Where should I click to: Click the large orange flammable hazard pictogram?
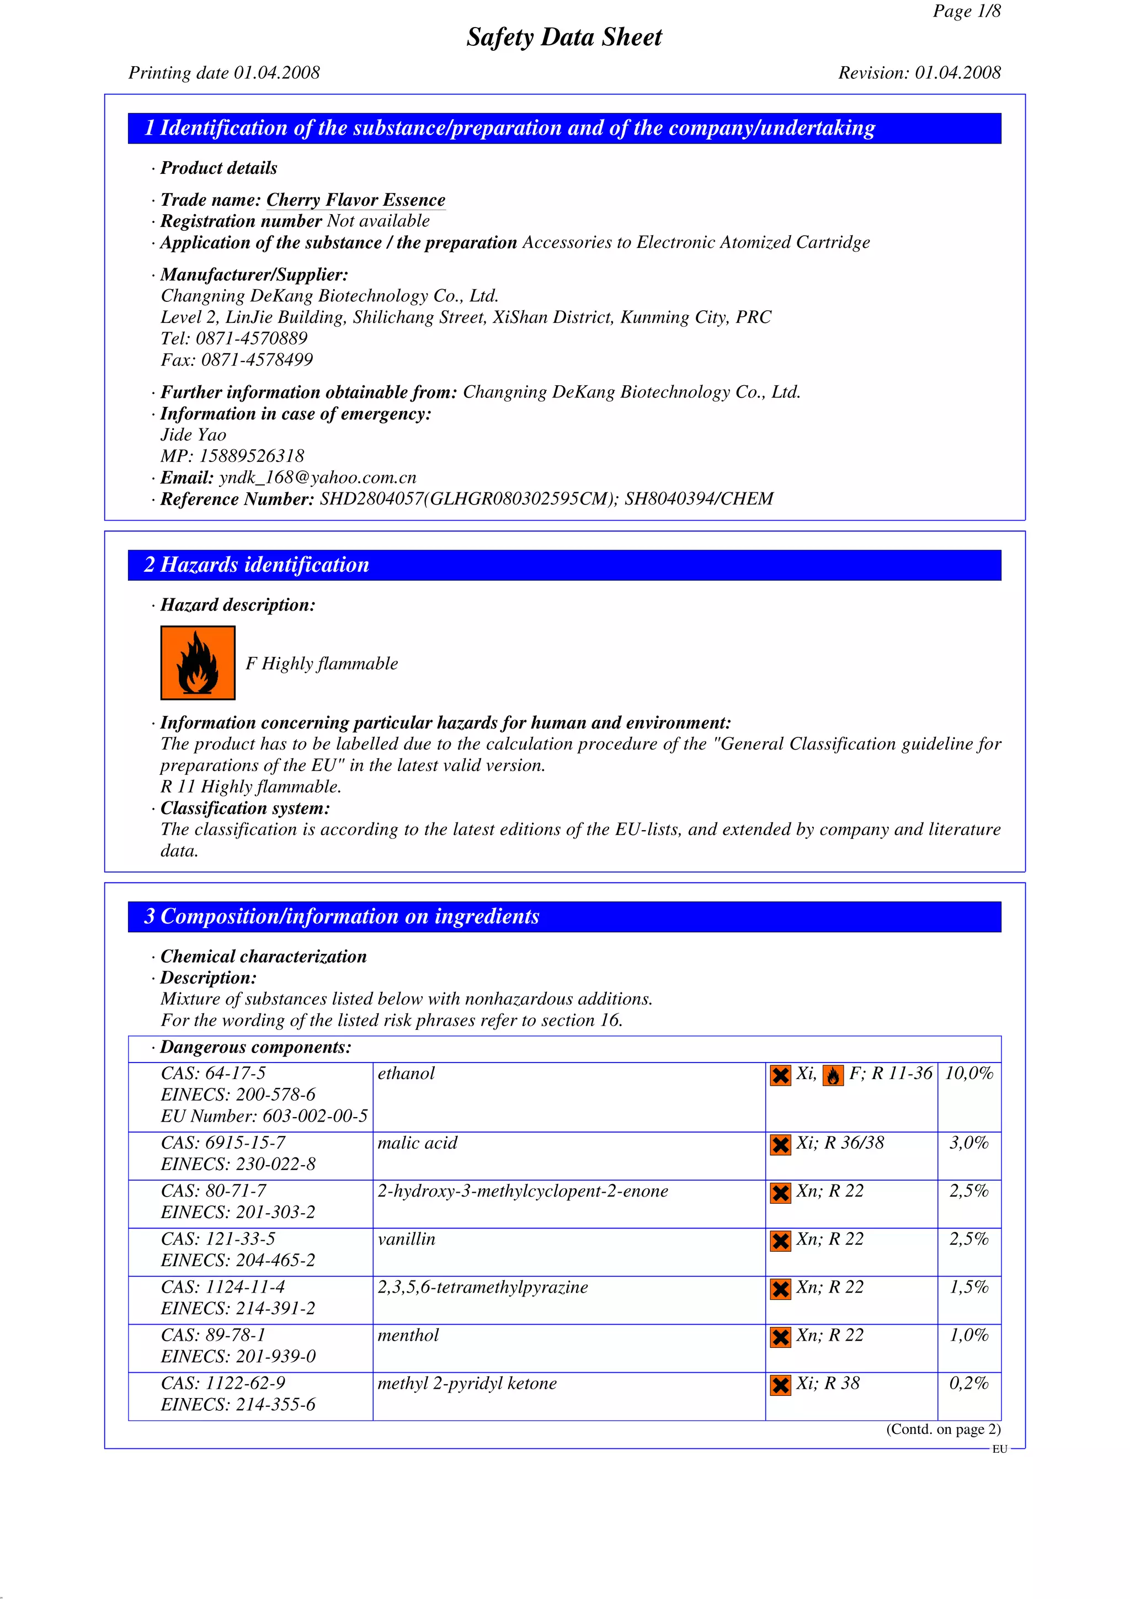(198, 662)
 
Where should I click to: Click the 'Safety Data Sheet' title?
(564, 37)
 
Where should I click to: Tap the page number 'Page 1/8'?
(966, 11)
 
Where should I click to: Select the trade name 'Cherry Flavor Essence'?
(355, 200)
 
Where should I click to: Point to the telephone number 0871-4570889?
(252, 338)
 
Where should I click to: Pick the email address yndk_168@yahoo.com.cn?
(317, 478)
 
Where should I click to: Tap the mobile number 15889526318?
(252, 456)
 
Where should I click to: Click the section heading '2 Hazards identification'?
(256, 565)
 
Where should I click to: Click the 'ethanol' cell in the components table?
(406, 1073)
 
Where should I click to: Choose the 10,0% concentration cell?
(968, 1073)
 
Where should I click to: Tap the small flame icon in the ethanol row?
(833, 1076)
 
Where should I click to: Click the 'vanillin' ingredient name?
(406, 1239)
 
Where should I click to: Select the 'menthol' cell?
(408, 1335)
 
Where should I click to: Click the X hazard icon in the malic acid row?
(781, 1145)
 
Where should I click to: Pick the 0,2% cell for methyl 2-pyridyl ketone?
(968, 1383)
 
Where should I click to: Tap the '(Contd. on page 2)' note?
(943, 1429)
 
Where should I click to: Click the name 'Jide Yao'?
(194, 435)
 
